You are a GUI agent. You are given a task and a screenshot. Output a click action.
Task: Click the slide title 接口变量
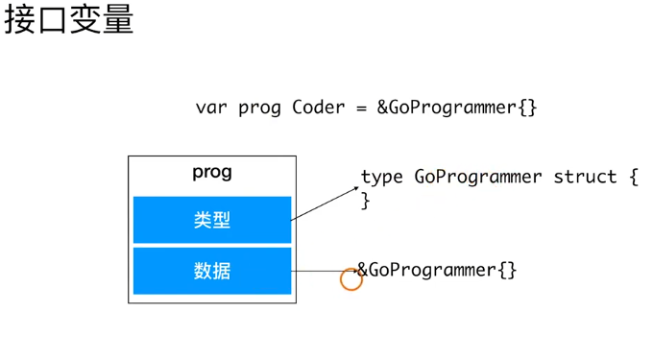pos(69,19)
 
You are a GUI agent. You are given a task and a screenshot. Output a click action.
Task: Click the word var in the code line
pos(211,108)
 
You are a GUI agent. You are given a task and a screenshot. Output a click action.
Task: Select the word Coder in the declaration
pos(318,108)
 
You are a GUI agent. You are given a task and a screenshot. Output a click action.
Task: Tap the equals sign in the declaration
pos(361,108)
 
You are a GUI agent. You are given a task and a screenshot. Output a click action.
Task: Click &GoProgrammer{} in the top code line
pos(457,108)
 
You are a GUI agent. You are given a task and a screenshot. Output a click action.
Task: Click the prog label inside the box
pos(212,172)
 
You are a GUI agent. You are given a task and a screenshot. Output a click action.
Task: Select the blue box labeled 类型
pos(212,220)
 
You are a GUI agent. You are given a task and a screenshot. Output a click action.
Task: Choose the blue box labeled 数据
pos(212,271)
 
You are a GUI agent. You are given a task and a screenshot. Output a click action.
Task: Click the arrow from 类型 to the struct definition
pos(325,204)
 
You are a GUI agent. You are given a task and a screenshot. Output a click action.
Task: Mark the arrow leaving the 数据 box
pos(325,272)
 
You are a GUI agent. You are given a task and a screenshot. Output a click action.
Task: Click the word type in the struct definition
pos(382,178)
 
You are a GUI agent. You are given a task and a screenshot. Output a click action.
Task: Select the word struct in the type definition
pos(585,177)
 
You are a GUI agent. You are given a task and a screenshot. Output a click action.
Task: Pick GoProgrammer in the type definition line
pos(478,178)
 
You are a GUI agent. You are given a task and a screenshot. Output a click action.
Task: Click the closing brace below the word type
pos(365,201)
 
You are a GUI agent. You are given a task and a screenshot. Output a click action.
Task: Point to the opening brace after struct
pos(634,177)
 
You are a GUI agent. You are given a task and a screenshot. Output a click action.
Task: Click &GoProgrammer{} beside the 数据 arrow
pos(437,271)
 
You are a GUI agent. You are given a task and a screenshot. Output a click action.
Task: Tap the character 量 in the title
pos(118,20)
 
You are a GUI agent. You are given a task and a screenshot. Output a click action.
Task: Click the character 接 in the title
pos(19,20)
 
